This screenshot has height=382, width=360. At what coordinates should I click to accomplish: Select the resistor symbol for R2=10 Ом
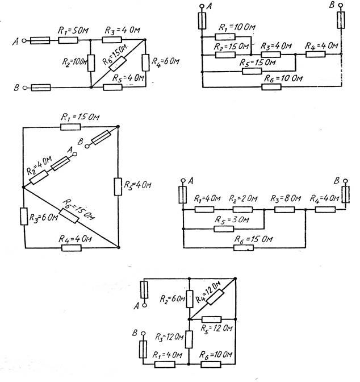click(91, 63)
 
